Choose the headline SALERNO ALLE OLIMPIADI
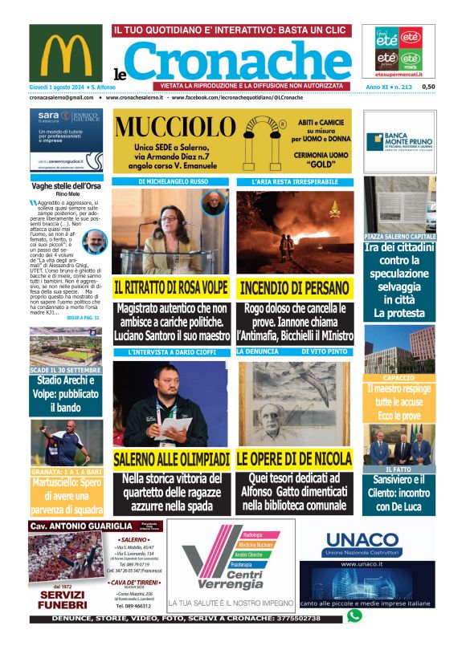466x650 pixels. (x=171, y=459)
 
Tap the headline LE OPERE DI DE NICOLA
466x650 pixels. (x=293, y=459)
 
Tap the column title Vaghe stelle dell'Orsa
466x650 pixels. (x=66, y=185)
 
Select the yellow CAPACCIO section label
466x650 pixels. (x=399, y=376)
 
